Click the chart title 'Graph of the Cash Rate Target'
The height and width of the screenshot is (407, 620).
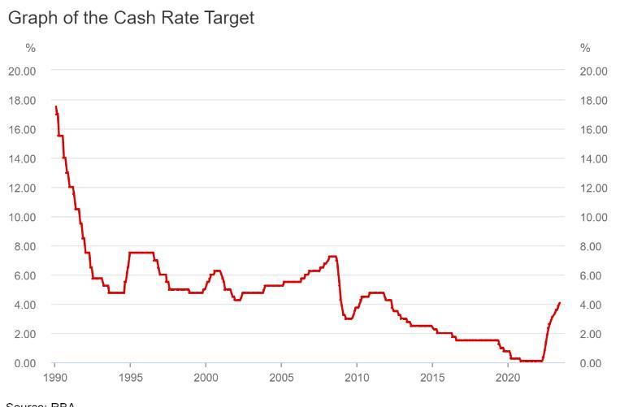pos(131,17)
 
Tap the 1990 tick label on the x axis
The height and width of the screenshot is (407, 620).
pos(54,378)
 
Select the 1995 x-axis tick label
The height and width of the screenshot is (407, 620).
pos(130,378)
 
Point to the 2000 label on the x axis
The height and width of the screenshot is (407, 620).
pos(206,378)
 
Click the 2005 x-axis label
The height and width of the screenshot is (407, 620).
pos(281,378)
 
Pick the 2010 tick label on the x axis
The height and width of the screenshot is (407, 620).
pos(357,378)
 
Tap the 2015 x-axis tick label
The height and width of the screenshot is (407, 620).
pos(432,378)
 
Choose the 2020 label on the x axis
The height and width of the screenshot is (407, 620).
pos(508,378)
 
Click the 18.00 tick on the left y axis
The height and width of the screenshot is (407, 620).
pos(22,100)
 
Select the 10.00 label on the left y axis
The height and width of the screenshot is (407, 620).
pos(22,217)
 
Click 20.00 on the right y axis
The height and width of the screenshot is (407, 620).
pos(594,71)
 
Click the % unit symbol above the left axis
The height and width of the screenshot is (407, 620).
pos(31,48)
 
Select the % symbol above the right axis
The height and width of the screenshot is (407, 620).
pos(585,48)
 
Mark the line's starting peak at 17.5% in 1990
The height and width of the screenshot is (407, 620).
pos(55,106)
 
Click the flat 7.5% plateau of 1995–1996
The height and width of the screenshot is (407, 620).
pos(141,253)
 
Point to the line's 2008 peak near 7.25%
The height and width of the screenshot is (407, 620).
pos(332,257)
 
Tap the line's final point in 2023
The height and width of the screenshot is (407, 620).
pos(560,303)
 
